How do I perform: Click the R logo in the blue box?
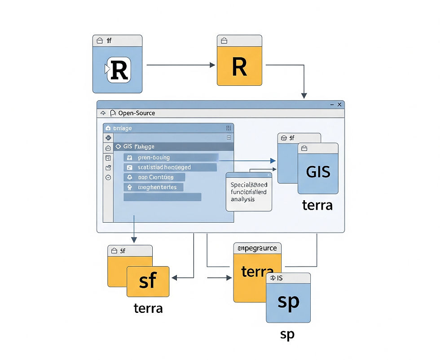click(119, 70)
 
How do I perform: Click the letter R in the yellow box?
click(239, 66)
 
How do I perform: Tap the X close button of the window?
click(339, 105)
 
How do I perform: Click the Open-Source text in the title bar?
click(136, 113)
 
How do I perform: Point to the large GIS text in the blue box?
click(317, 171)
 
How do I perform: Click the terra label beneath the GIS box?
click(317, 206)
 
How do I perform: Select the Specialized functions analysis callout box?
click(249, 192)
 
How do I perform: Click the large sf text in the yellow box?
click(148, 281)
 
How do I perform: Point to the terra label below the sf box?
click(148, 309)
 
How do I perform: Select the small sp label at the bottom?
click(287, 335)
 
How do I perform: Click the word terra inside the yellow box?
click(257, 272)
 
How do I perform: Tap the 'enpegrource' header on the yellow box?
click(257, 248)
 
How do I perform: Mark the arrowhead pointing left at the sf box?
click(175, 278)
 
